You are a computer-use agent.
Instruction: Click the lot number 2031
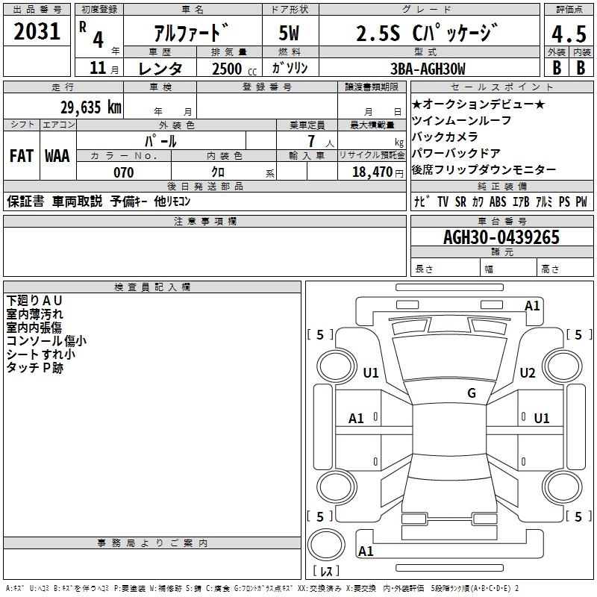(x=37, y=31)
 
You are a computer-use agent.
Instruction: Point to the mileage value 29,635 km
(x=90, y=107)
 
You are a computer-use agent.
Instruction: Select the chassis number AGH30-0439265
(x=501, y=237)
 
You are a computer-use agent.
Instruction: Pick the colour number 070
(x=123, y=172)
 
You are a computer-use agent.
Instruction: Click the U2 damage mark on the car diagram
(x=528, y=372)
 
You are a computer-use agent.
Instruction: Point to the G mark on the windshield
(x=471, y=393)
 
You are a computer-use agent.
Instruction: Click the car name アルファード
(x=190, y=34)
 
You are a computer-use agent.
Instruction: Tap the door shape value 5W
(x=290, y=34)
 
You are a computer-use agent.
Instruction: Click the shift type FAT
(x=22, y=156)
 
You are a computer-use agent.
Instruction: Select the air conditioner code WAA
(x=57, y=156)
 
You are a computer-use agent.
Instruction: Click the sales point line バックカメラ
(x=445, y=137)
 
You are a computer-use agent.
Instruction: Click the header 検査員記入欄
(x=152, y=287)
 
